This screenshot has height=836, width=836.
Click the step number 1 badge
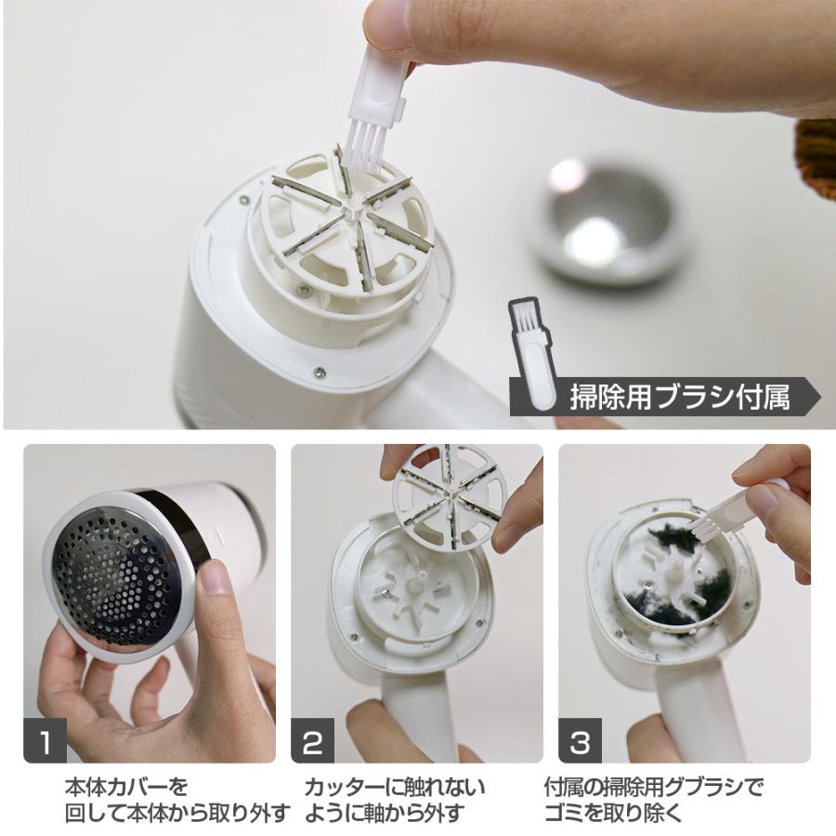coord(46,740)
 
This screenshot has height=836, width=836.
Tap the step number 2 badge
coord(312,740)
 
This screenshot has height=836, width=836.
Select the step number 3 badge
coord(580,740)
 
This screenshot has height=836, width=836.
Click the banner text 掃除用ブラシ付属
coord(680,398)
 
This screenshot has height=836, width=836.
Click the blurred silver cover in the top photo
coord(605,221)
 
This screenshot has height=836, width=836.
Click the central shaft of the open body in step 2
coord(415,581)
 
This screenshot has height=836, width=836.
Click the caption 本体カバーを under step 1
coord(126,787)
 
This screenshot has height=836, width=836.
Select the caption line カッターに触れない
coord(395,788)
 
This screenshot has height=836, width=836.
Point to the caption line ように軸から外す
coord(384,813)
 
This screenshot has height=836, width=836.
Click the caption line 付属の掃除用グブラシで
coord(654,787)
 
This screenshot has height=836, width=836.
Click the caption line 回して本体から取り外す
coord(178,813)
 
